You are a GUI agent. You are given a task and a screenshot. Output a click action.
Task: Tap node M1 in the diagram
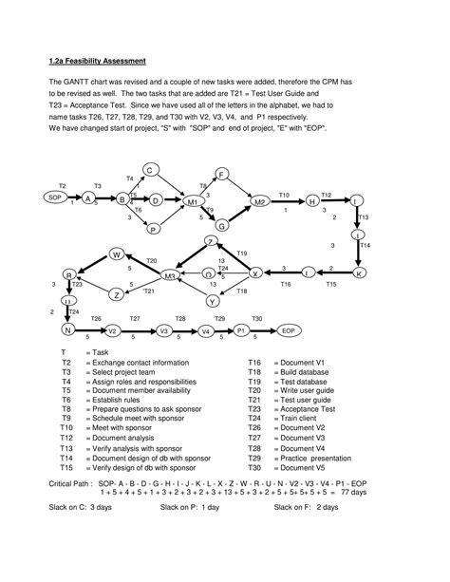(190, 202)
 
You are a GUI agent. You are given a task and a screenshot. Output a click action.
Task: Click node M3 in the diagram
(172, 275)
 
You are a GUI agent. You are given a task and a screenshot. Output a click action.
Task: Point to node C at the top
(149, 170)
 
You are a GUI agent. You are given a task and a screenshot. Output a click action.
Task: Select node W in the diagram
(117, 254)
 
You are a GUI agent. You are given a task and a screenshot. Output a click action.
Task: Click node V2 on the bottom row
(112, 330)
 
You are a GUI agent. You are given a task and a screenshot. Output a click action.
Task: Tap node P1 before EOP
(241, 329)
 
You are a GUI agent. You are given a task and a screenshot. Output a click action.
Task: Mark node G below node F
(221, 226)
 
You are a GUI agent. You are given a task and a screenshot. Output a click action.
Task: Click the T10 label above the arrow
(284, 194)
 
